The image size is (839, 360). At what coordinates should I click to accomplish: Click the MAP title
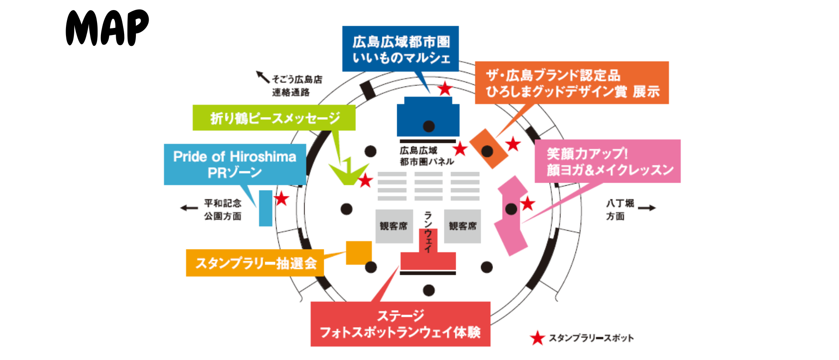[x=107, y=28]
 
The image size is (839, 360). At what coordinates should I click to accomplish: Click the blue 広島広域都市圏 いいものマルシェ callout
[x=400, y=48]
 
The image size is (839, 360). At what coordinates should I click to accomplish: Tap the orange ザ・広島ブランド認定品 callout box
[x=572, y=83]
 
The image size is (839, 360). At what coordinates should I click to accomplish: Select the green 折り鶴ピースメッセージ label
[x=274, y=118]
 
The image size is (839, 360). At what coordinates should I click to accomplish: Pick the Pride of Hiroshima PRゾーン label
[x=235, y=164]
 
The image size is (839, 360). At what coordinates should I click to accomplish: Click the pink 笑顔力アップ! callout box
[x=607, y=161]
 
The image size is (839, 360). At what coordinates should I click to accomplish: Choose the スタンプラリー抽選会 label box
[x=255, y=263]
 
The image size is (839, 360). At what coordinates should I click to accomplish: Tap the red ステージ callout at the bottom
[x=400, y=324]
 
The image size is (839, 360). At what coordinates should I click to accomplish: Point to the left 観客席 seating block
[x=394, y=226]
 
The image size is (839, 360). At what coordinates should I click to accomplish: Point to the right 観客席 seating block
[x=462, y=226]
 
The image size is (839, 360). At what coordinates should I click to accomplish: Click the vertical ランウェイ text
[x=428, y=232]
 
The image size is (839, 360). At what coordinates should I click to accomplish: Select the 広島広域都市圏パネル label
[x=426, y=156]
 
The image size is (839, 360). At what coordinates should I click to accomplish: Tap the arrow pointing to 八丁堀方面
[x=647, y=208]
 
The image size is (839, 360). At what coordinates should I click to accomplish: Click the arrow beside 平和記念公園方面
[x=189, y=208]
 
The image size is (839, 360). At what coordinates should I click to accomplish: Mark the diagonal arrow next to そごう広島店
[x=263, y=77]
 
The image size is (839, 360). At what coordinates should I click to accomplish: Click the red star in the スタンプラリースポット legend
[x=537, y=338]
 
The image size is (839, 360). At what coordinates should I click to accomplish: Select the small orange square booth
[x=358, y=253]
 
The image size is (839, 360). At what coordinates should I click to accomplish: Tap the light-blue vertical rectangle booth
[x=265, y=208]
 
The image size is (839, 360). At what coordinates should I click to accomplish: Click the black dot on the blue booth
[x=429, y=126]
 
